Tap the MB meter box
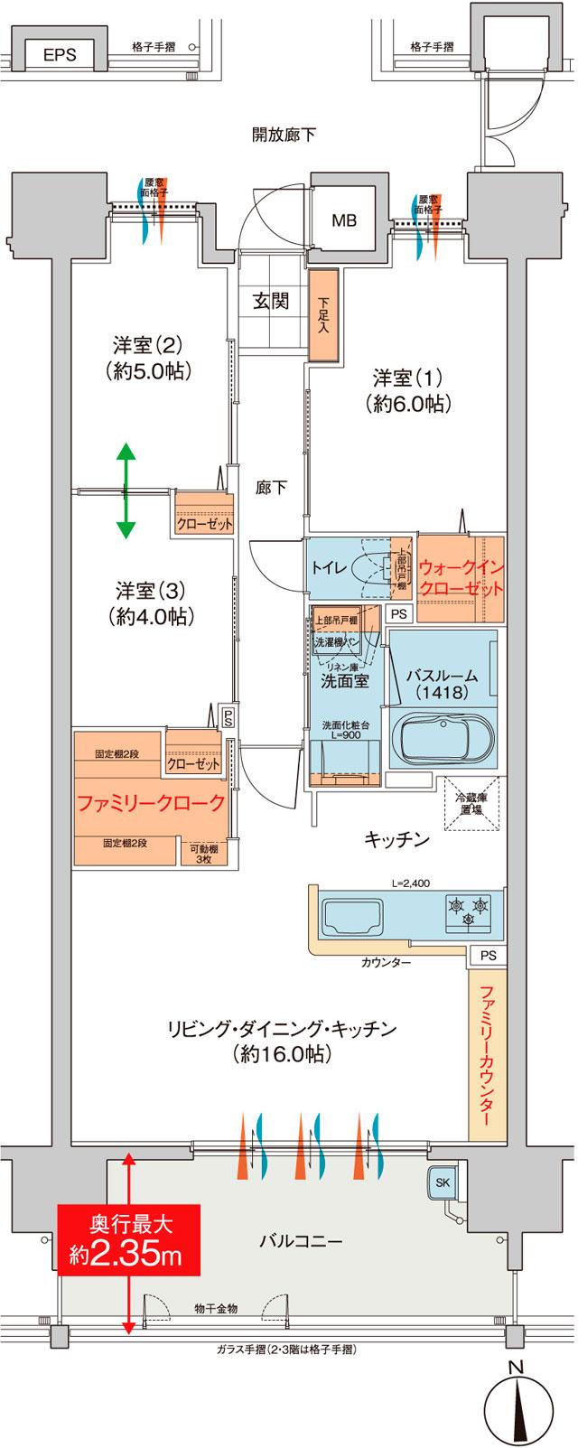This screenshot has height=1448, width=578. [343, 220]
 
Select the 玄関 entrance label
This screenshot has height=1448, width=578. [270, 302]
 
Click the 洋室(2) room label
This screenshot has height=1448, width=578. [148, 356]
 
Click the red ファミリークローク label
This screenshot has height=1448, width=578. [150, 803]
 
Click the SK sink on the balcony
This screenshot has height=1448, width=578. [443, 1182]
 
